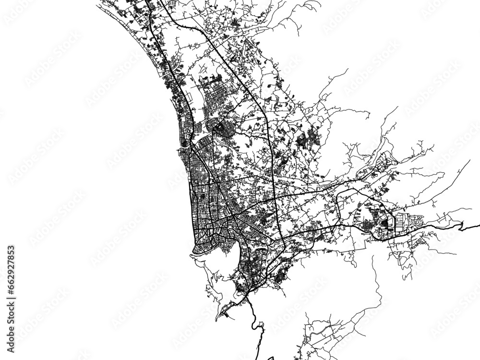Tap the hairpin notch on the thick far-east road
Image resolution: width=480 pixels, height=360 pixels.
[460, 226]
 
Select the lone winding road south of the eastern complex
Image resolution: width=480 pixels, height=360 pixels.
[377, 278]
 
